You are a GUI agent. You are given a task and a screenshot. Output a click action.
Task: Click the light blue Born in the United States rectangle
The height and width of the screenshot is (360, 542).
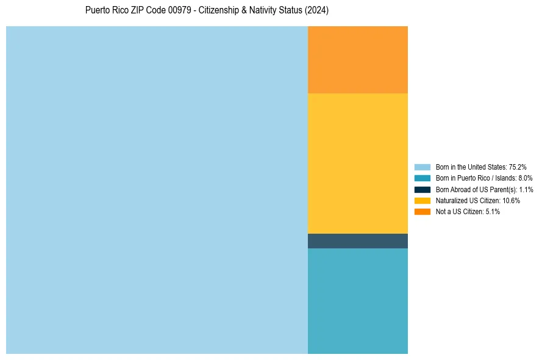pyautogui.click(x=157, y=190)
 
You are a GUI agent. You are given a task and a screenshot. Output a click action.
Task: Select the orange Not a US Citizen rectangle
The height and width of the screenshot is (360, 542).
pyautogui.click(x=357, y=60)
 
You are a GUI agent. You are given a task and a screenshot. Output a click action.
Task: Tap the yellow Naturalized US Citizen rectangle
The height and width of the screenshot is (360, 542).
pyautogui.click(x=357, y=163)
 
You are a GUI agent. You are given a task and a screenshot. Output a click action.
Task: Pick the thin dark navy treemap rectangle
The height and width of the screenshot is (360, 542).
pyautogui.click(x=357, y=241)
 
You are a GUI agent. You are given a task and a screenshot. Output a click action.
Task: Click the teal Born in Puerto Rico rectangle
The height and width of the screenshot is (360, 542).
pyautogui.click(x=357, y=301)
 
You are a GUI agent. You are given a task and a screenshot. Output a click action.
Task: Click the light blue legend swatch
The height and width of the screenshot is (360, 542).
pyautogui.click(x=422, y=167)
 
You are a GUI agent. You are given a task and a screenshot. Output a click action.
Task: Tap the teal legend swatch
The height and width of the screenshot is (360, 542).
pyautogui.click(x=422, y=178)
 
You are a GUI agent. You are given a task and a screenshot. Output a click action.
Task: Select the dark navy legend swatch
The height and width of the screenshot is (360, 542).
pyautogui.click(x=422, y=189)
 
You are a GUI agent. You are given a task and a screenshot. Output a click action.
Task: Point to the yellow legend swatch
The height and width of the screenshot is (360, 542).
pyautogui.click(x=422, y=200)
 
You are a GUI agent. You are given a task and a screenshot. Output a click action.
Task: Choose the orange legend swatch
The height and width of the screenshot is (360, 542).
pyautogui.click(x=422, y=211)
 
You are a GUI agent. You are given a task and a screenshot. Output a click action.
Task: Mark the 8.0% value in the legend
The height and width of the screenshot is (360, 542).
pyautogui.click(x=525, y=178)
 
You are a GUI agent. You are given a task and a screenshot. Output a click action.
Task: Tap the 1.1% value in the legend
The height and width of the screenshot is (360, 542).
pyautogui.click(x=526, y=189)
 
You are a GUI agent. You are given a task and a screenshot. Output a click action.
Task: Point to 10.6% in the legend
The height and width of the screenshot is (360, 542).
pyautogui.click(x=511, y=200)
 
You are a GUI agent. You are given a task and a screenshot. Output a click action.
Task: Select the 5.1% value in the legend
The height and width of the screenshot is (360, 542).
pyautogui.click(x=493, y=211)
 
